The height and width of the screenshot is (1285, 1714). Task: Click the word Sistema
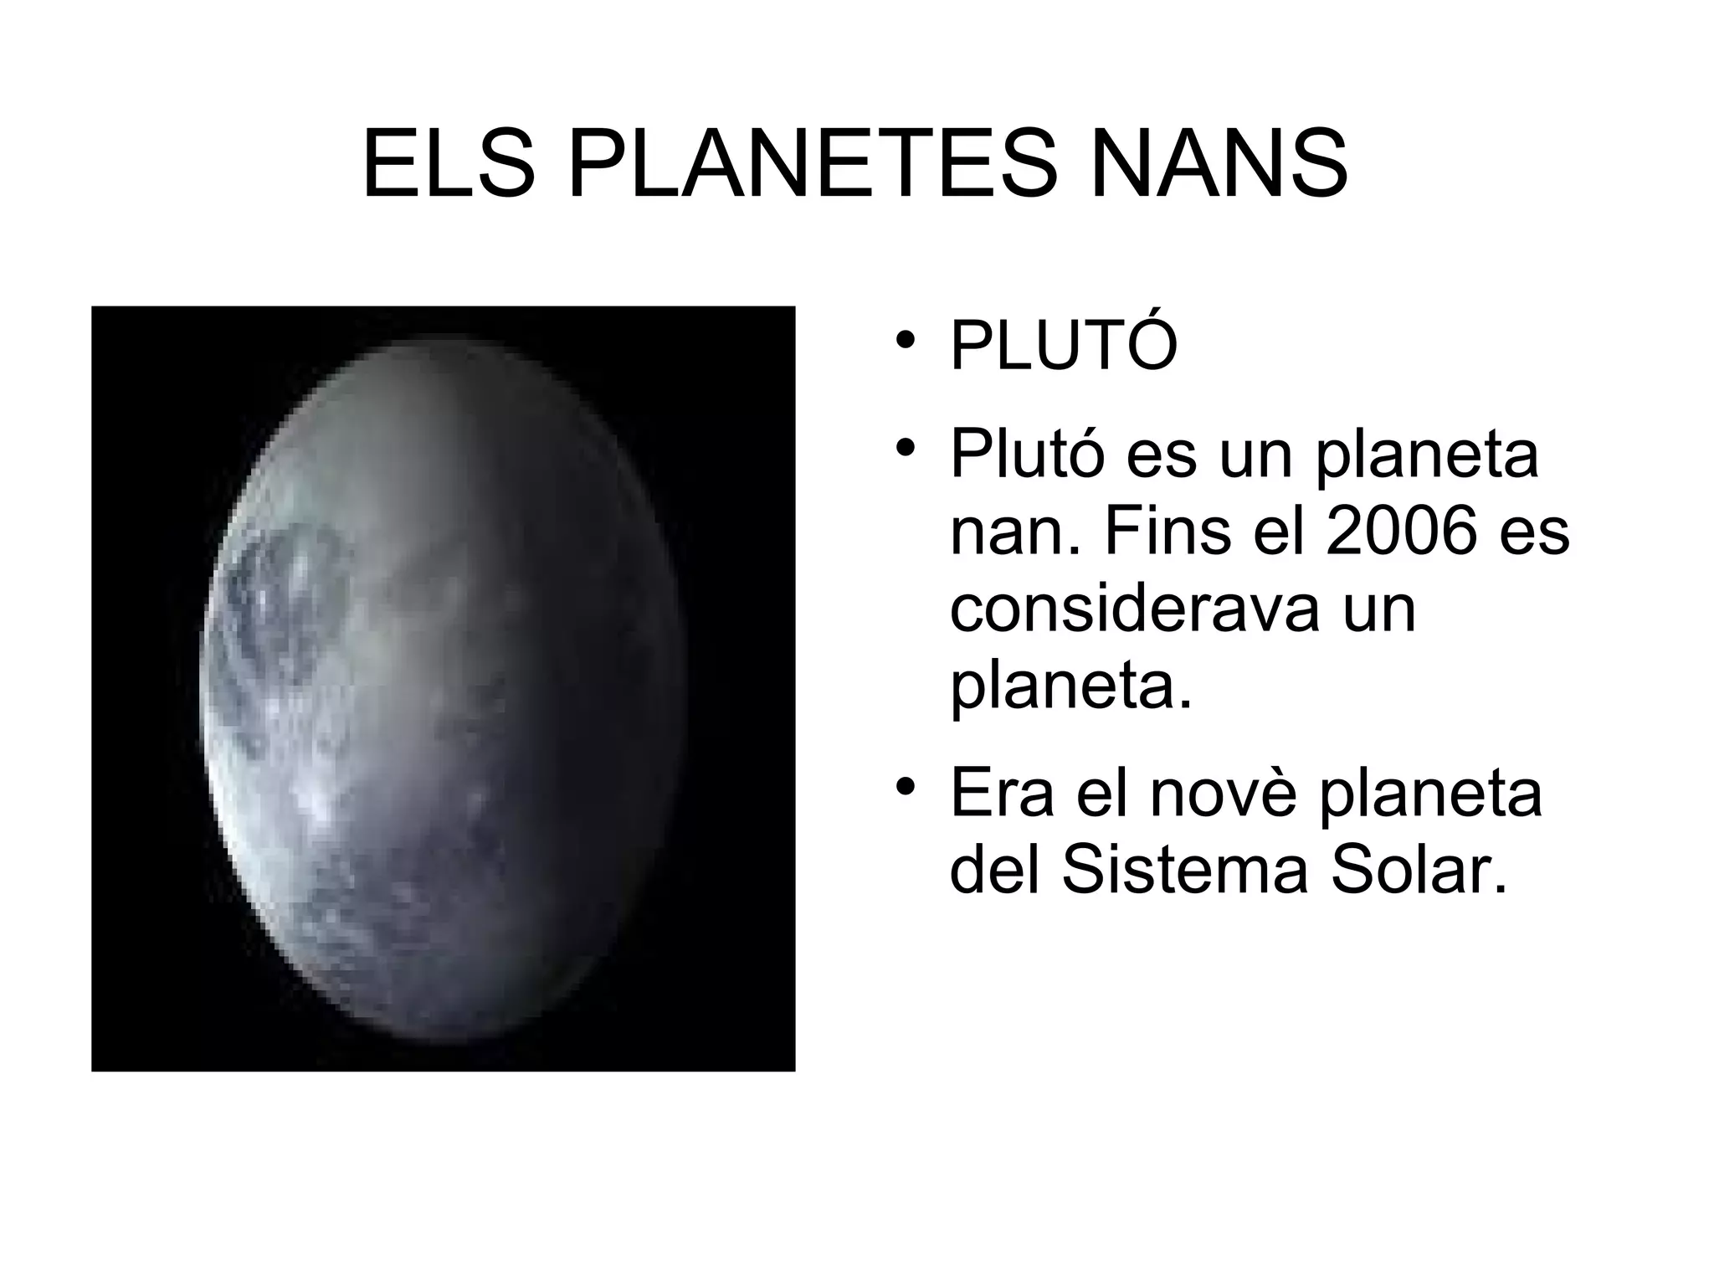1184,871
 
